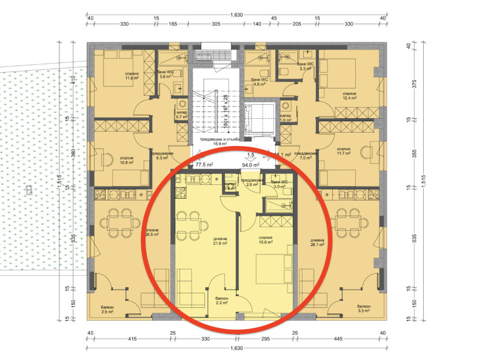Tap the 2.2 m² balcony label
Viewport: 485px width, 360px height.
(221, 300)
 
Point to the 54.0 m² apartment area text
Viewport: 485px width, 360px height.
(251, 164)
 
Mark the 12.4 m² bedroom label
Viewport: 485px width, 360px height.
(349, 96)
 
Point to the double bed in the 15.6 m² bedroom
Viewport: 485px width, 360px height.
(272, 270)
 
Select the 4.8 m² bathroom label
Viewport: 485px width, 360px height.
(259, 82)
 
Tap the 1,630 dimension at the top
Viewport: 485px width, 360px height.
(238, 15)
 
